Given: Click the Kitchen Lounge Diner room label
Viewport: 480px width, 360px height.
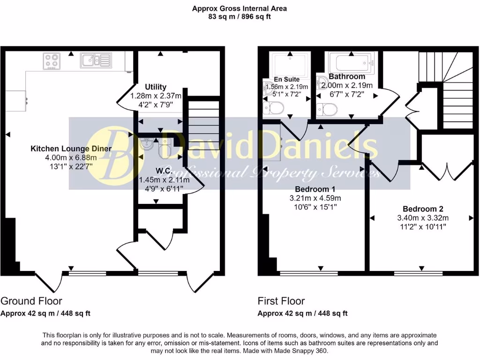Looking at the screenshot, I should [71, 149].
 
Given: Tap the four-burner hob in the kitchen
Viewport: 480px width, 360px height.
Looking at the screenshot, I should [51, 60].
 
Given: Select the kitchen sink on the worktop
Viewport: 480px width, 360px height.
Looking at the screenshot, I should [95, 60].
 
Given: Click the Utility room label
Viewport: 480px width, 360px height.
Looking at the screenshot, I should [156, 87].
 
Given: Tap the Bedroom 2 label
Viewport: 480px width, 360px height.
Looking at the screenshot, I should [423, 209].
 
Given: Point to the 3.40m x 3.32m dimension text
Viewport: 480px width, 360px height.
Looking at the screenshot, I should [423, 217].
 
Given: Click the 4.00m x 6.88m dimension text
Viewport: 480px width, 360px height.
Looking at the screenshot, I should [71, 157].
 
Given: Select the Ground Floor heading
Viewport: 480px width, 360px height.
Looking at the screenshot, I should [31, 301].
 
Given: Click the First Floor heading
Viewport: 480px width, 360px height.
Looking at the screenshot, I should [281, 301].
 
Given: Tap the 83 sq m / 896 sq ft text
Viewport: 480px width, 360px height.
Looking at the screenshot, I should [240, 16].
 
